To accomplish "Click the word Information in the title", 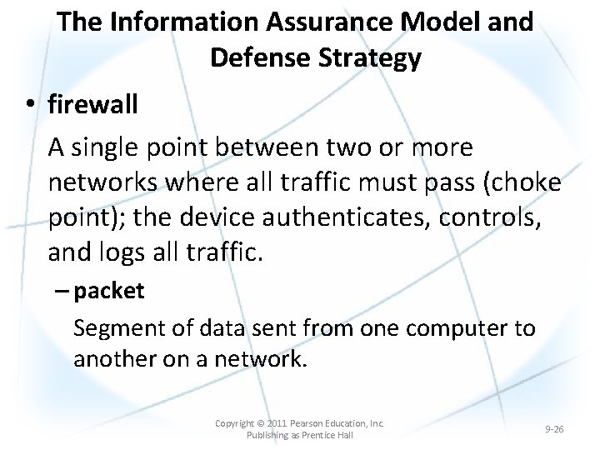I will pyautogui.click(x=178, y=22).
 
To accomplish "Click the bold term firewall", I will pyautogui.click(x=93, y=105).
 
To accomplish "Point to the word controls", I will pyautogui.click(x=483, y=218).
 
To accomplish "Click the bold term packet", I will pyautogui.click(x=108, y=291).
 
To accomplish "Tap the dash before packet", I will pyautogui.click(x=63, y=292).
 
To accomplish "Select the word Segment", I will pyautogui.click(x=119, y=327).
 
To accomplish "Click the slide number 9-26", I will pyautogui.click(x=554, y=429).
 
